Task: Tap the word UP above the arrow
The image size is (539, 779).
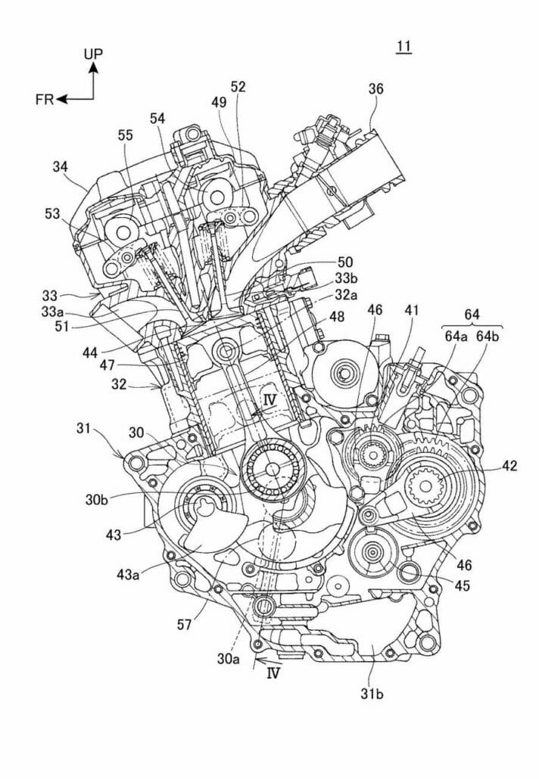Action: (x=95, y=53)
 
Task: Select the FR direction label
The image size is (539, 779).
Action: (x=44, y=99)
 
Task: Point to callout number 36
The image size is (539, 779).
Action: (x=375, y=88)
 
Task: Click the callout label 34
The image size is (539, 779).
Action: (x=63, y=166)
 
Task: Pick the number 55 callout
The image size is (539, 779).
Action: (x=126, y=134)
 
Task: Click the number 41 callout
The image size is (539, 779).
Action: (x=411, y=309)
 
